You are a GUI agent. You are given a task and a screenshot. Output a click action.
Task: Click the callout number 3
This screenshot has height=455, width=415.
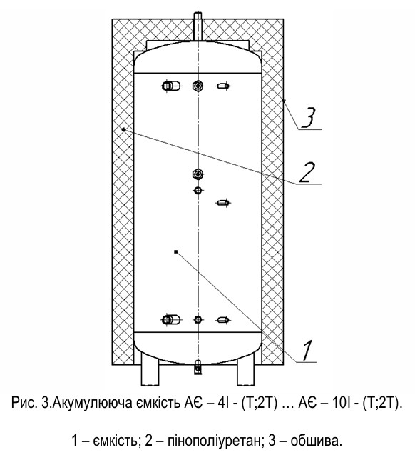pyautogui.click(x=309, y=118)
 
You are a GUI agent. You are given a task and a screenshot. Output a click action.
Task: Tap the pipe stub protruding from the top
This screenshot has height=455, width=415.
pyautogui.click(x=198, y=27)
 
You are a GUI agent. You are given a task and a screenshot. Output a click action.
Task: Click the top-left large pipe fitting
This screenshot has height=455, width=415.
pyautogui.click(x=170, y=86)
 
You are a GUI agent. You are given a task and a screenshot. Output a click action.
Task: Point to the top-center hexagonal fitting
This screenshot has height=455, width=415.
pyautogui.click(x=198, y=86)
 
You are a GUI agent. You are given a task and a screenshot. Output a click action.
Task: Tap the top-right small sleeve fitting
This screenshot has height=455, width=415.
pyautogui.click(x=223, y=86)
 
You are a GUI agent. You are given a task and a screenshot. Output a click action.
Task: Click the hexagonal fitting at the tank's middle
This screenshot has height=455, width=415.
pyautogui.click(x=198, y=174)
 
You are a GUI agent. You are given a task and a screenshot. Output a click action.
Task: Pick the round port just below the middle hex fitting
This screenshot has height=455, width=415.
pyautogui.click(x=198, y=190)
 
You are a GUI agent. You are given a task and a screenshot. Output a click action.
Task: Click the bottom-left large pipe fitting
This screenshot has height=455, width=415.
pyautogui.click(x=170, y=320)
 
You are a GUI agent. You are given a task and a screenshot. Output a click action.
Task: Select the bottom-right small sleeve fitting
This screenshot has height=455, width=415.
pyautogui.click(x=223, y=320)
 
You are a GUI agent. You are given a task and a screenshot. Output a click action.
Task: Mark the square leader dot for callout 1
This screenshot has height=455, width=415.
pyautogui.click(x=176, y=251)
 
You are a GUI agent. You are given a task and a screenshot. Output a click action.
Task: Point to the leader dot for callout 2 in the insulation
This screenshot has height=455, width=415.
pyautogui.click(x=123, y=129)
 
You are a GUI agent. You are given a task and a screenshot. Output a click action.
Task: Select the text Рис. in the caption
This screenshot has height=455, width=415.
pyautogui.click(x=24, y=403)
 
